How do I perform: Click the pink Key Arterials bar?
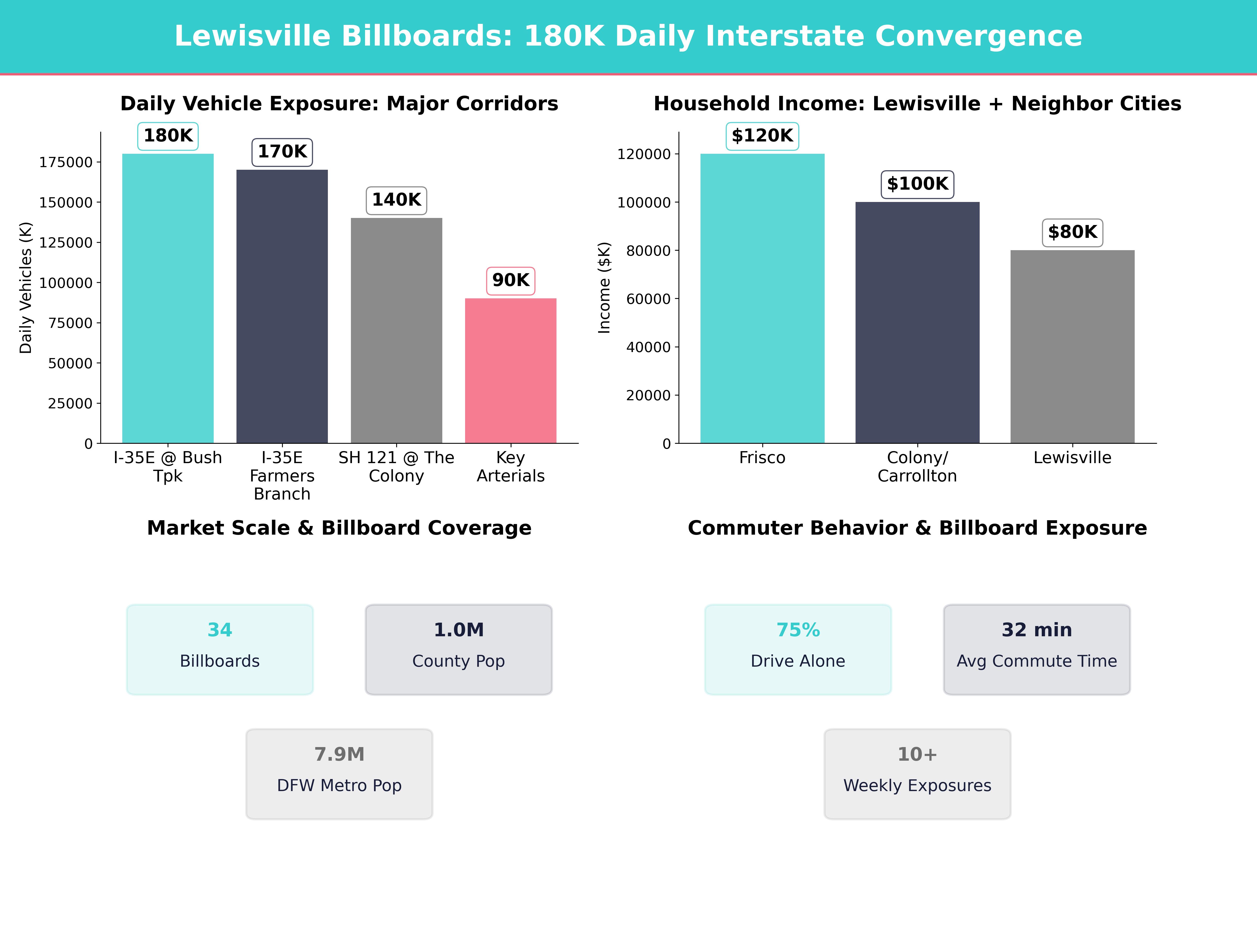click(x=510, y=371)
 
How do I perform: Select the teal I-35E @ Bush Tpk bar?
click(x=168, y=298)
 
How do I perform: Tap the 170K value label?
click(x=282, y=152)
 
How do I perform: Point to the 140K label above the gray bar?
click(x=396, y=200)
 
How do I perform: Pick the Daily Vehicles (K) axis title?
click(x=26, y=288)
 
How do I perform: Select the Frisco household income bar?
click(x=762, y=298)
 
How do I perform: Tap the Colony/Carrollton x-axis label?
click(x=917, y=467)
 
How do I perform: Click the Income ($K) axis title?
click(x=604, y=288)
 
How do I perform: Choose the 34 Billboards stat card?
click(x=220, y=649)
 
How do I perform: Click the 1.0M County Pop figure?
click(x=459, y=630)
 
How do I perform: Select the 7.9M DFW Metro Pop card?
click(x=339, y=774)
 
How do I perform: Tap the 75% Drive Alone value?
click(x=798, y=630)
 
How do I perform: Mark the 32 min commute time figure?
click(x=1037, y=630)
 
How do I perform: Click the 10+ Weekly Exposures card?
click(x=917, y=774)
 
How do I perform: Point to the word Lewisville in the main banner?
click(x=252, y=36)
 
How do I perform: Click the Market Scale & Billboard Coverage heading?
click(x=339, y=528)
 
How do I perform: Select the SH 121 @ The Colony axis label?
click(x=396, y=467)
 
